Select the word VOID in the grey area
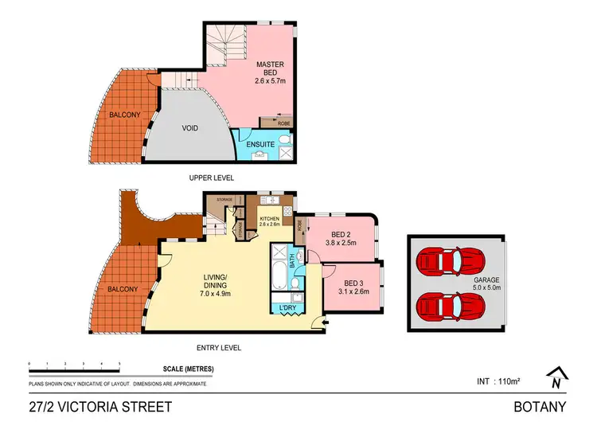pos(190,128)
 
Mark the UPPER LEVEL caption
pos(211,178)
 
